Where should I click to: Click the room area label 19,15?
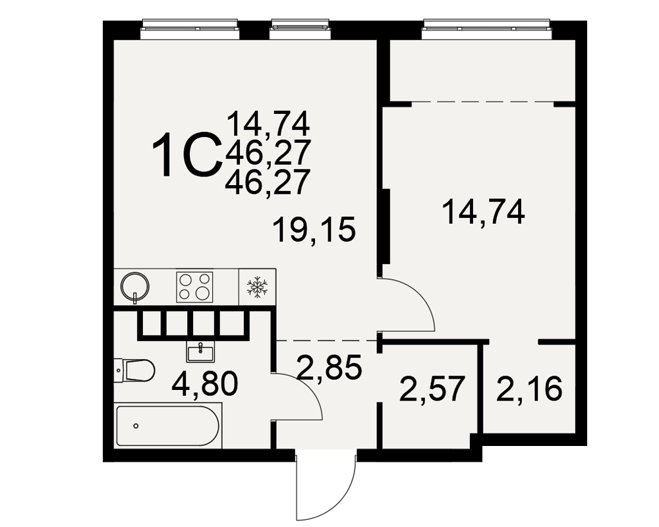314,229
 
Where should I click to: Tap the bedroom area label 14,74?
483,211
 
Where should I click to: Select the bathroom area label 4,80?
205,383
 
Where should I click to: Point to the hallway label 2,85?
329,367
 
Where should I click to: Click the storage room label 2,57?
433,389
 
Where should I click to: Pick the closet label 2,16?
529,389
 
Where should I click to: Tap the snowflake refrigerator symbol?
257,287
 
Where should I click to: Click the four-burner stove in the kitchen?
194,287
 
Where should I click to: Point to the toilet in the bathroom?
134,370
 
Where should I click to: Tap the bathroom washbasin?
200,352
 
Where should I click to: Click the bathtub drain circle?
136,426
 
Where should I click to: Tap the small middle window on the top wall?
300,28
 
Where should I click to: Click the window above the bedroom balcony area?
486,28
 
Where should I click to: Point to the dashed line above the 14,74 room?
482,102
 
